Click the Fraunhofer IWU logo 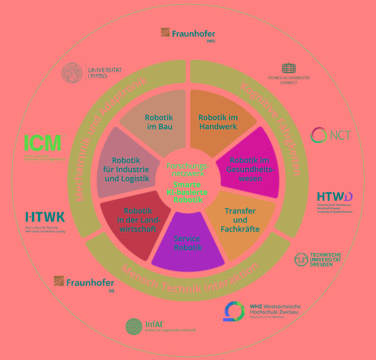[x=188, y=34]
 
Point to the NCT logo [x=331, y=135]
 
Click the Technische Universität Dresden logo [x=317, y=260]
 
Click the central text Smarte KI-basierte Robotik [x=188, y=192]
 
